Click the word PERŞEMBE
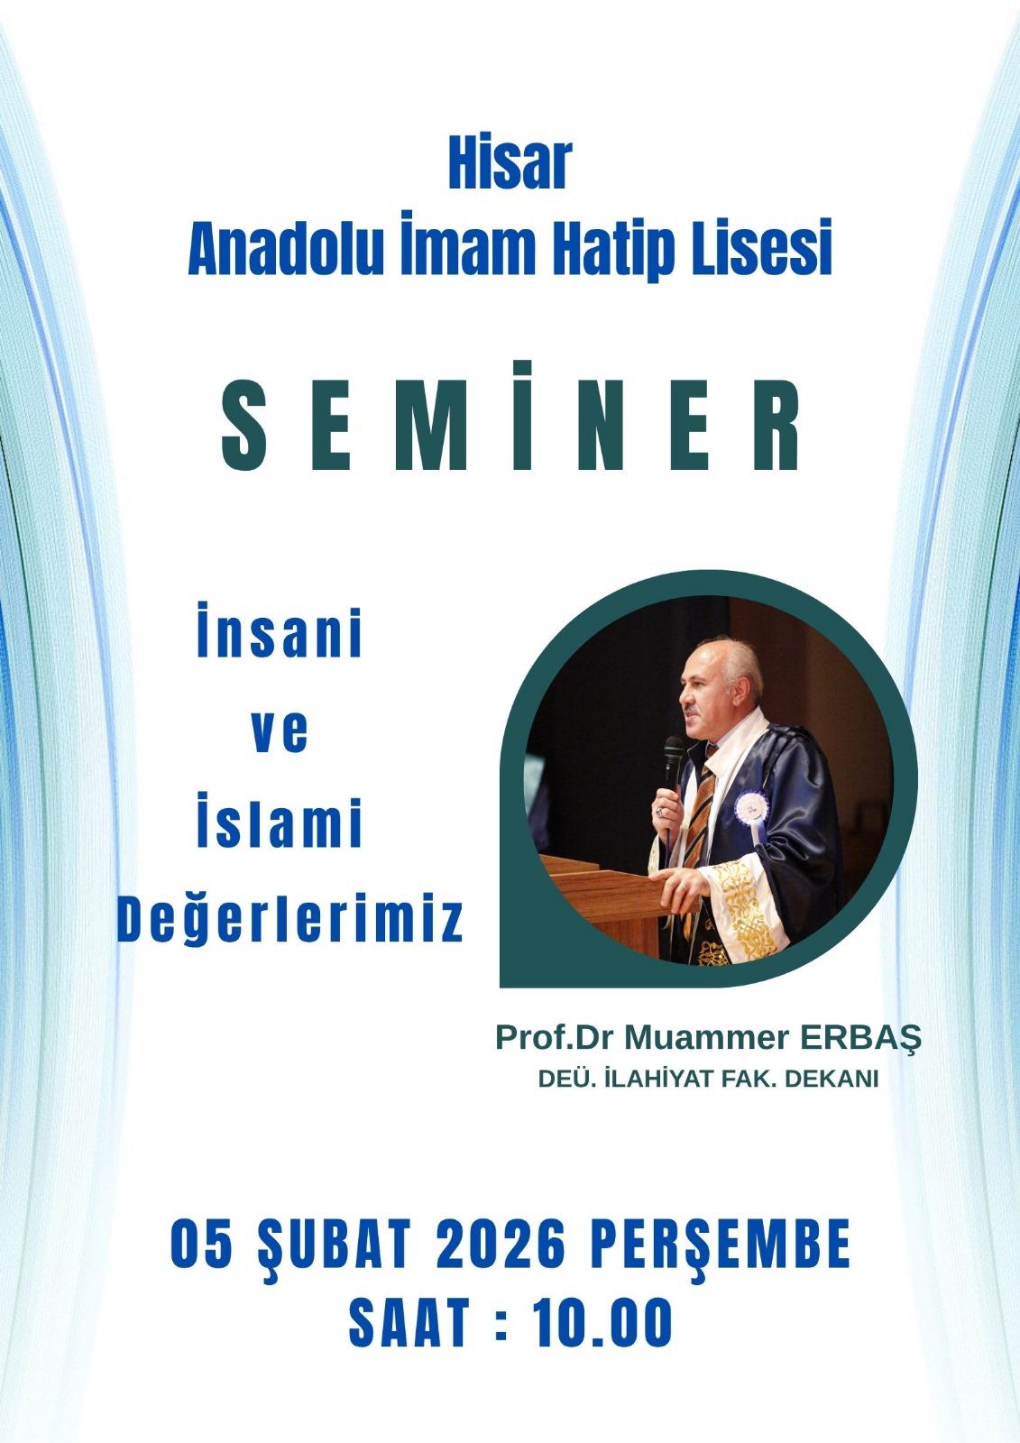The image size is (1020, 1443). coord(721,1276)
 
